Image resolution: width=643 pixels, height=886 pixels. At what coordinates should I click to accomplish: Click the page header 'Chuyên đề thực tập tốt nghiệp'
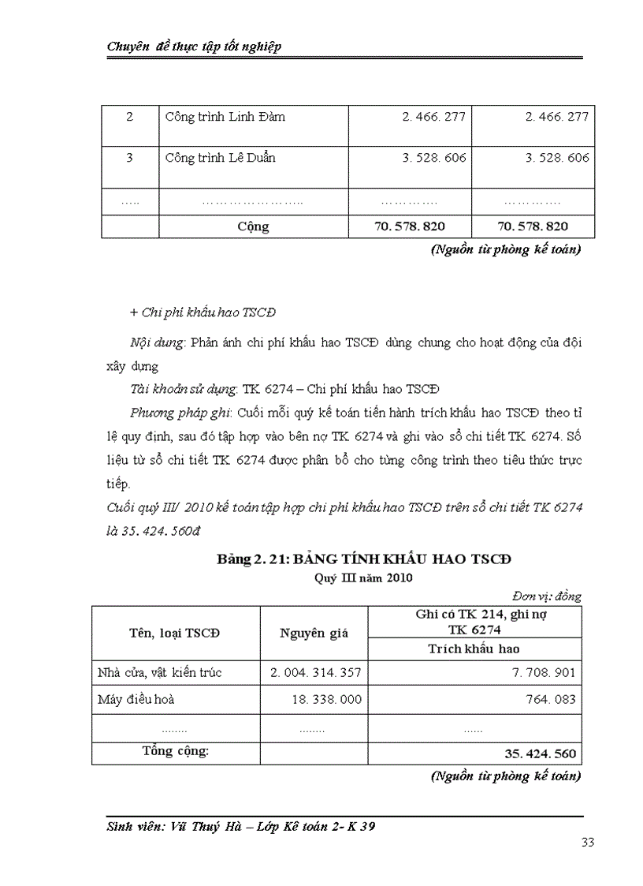click(194, 47)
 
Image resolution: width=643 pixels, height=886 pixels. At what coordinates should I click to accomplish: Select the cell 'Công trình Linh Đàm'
click(225, 117)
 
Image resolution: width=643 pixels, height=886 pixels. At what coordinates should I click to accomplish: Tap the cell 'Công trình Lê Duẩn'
click(220, 158)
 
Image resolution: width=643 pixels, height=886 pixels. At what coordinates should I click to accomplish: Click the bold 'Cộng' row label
click(253, 226)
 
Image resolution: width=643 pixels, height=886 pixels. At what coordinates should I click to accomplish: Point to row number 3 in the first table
click(129, 158)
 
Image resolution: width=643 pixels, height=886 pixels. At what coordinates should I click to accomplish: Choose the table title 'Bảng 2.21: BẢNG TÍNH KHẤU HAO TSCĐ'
click(364, 559)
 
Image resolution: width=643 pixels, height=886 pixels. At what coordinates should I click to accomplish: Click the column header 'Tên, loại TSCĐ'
click(175, 633)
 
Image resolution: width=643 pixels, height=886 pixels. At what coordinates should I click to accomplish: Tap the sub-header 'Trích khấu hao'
click(474, 649)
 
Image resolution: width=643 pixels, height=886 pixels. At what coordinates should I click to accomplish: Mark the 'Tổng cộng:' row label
click(175, 750)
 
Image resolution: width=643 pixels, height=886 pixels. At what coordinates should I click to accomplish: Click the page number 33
click(587, 843)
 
